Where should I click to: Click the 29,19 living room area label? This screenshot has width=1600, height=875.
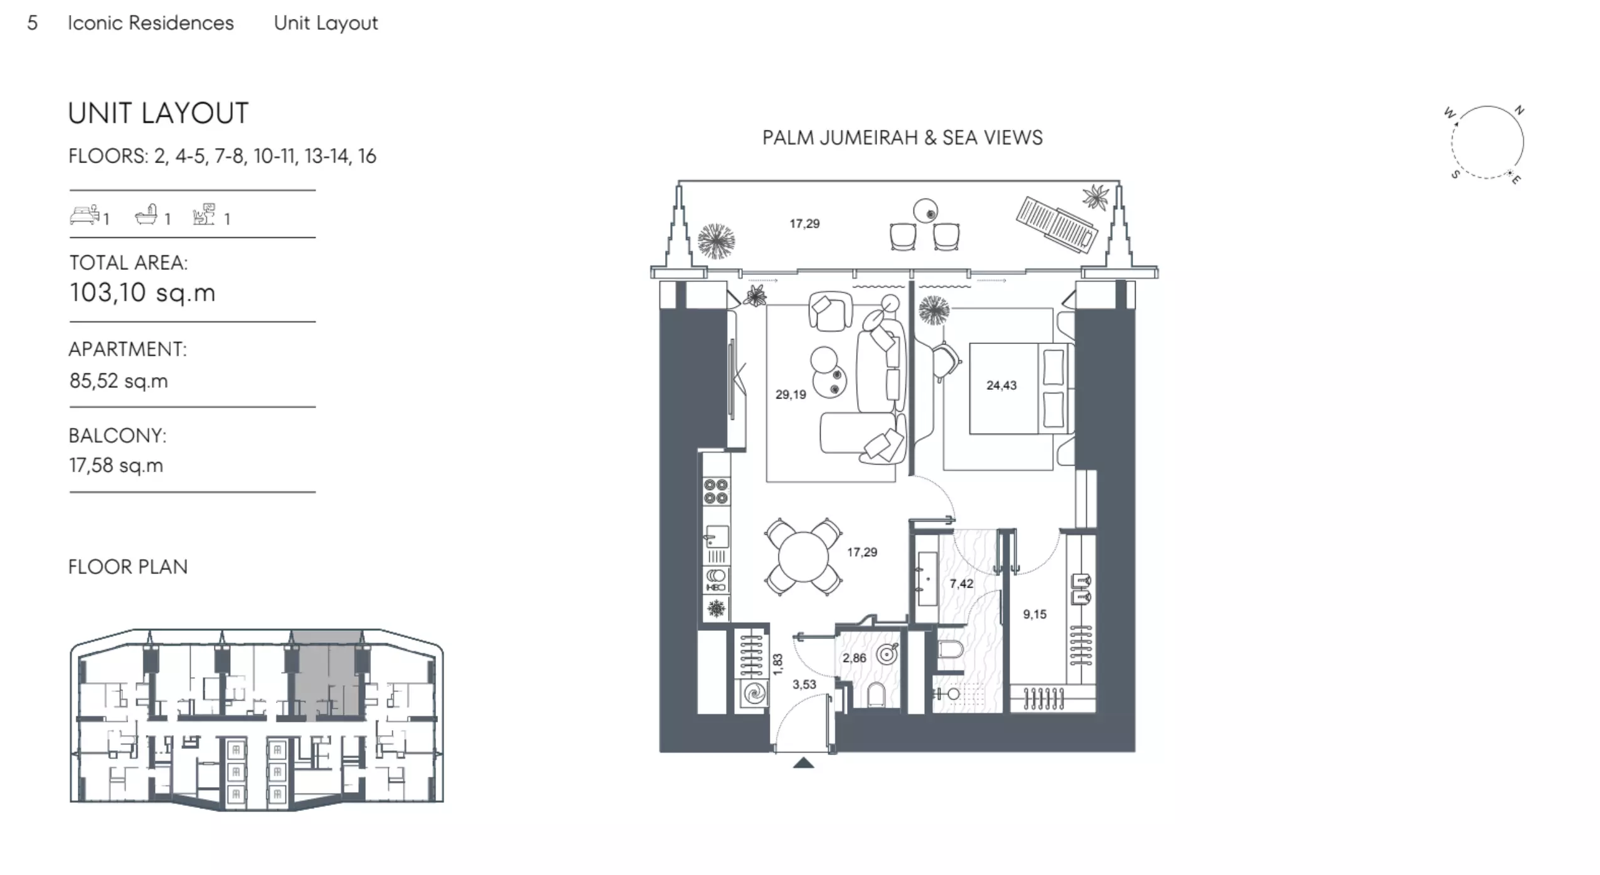click(x=790, y=395)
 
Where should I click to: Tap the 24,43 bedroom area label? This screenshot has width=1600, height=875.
click(x=1001, y=385)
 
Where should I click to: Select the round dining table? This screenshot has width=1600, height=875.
click(x=803, y=557)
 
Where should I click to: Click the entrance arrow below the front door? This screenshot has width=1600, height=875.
click(x=803, y=763)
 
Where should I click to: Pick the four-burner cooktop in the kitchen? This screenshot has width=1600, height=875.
click(x=716, y=491)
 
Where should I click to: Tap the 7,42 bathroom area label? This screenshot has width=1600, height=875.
click(x=961, y=584)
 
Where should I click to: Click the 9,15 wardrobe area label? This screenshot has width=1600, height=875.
click(x=1035, y=615)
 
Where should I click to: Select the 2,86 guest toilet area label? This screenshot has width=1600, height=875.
click(x=854, y=658)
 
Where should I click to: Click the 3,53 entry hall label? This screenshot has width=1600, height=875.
click(x=804, y=684)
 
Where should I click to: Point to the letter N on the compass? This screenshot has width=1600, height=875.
click(x=1519, y=110)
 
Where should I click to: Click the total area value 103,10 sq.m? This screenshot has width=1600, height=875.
click(x=142, y=293)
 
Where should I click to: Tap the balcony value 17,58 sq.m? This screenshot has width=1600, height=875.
click(x=116, y=466)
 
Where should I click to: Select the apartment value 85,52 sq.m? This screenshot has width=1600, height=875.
click(x=119, y=381)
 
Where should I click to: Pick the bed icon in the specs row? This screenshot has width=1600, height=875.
click(x=85, y=215)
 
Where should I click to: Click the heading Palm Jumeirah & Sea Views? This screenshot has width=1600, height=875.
click(x=902, y=138)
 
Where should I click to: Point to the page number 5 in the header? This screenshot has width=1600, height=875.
click(x=33, y=23)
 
